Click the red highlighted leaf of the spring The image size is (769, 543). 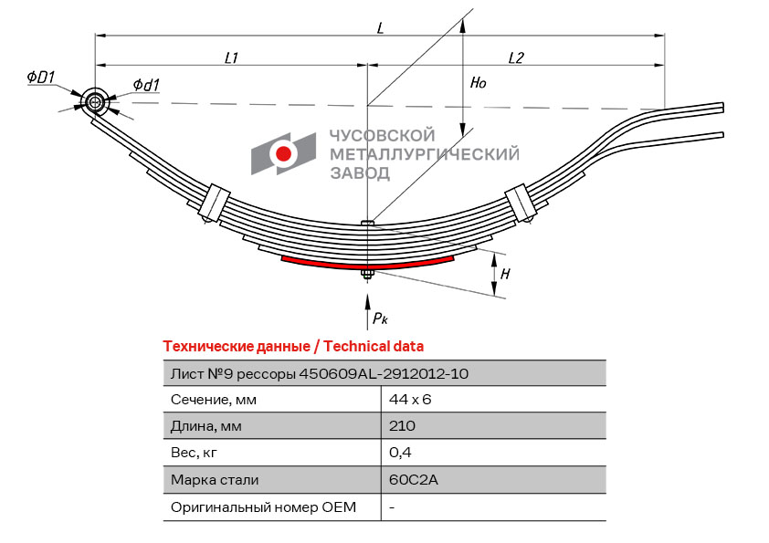(367, 263)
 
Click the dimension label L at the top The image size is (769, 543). (380, 27)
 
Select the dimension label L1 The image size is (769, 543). (231, 57)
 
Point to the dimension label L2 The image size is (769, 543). (515, 57)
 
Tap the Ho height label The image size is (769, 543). (478, 82)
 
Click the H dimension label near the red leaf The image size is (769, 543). (505, 272)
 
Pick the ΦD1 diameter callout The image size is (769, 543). (42, 78)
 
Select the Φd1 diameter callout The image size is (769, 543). (146, 85)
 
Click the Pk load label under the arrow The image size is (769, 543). (380, 318)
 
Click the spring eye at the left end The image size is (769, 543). (95, 102)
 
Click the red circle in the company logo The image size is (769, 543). (284, 153)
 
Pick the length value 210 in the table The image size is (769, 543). (402, 425)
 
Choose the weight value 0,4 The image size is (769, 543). (399, 452)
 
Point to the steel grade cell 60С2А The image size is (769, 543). (407, 479)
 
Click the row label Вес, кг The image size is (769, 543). (196, 452)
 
